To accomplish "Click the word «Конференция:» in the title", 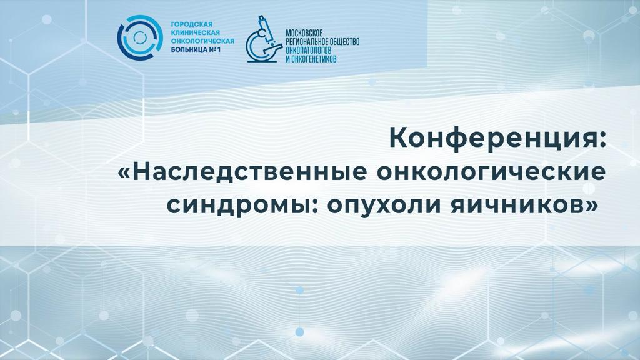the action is coord(498,138).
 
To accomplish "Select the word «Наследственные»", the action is coord(249,172).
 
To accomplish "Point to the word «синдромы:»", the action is coord(242,206).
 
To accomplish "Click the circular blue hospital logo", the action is coord(139,38).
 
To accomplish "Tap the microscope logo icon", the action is coord(263,39).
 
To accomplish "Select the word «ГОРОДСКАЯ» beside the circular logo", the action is coord(192,25).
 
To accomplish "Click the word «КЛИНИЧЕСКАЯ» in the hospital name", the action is coord(196,33).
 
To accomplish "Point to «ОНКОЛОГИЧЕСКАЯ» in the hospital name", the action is coord(202,41).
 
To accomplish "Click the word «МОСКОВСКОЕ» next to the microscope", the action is coord(304,33).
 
